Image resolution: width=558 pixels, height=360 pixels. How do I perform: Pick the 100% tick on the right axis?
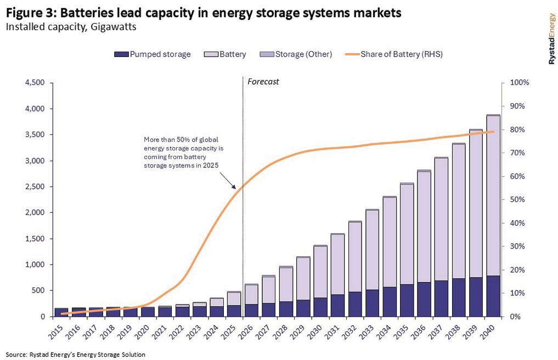coord(520,83)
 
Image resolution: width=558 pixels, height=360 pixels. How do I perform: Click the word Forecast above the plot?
coord(263,82)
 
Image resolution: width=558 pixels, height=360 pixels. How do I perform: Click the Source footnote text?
coord(76,355)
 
